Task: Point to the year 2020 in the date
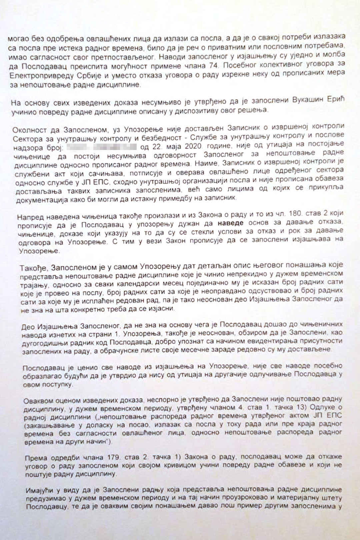click(191, 146)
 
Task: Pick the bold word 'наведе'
click(230, 223)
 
